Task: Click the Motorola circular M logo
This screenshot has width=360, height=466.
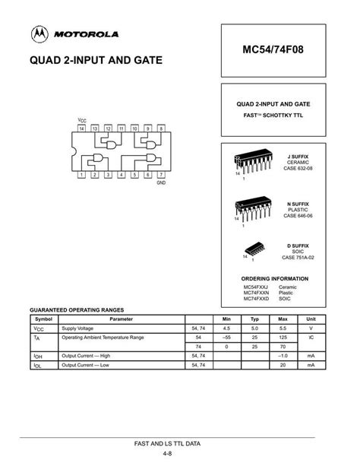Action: [39, 34]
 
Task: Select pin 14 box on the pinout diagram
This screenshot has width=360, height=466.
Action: [81, 129]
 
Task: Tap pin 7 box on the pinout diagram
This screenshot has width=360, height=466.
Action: [160, 174]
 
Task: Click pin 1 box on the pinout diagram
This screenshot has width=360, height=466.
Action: [81, 174]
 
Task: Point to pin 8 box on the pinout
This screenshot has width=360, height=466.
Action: [160, 129]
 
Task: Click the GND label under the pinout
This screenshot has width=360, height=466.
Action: [160, 183]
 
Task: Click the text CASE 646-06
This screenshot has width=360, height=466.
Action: [298, 216]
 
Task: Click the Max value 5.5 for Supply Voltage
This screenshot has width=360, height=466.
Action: [283, 328]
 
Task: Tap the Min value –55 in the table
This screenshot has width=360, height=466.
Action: [226, 336]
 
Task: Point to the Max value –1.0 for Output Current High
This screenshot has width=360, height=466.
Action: [283, 355]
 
